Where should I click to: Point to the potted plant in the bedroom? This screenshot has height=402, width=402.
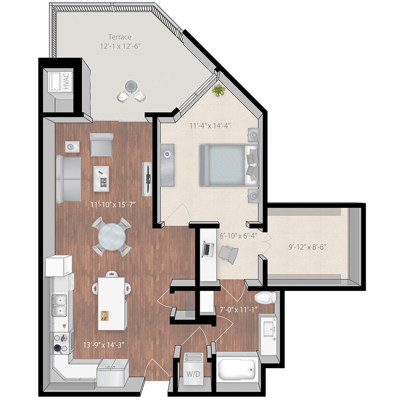click(x=219, y=90)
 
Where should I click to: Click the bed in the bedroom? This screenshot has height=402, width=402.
click(x=229, y=165)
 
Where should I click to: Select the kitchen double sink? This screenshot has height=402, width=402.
click(x=60, y=305)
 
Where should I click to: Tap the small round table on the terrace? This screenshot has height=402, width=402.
click(x=131, y=87)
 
